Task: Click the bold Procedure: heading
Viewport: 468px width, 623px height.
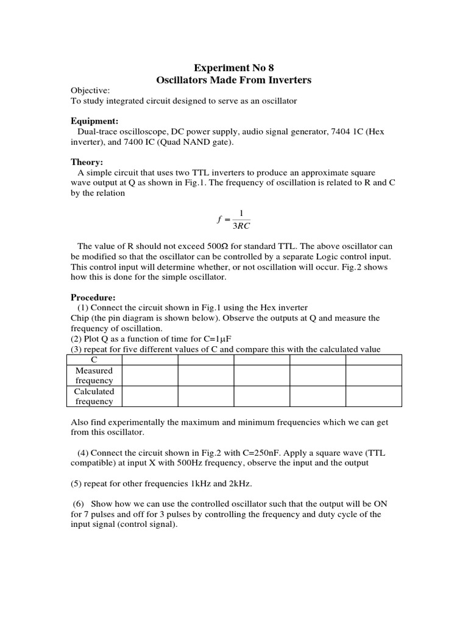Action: tap(93, 298)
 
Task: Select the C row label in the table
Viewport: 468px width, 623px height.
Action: tap(94, 360)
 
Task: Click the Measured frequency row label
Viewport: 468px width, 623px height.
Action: tap(94, 375)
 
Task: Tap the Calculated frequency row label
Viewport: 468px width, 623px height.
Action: tap(94, 396)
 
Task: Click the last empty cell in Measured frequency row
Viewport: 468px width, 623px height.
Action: tap(374, 375)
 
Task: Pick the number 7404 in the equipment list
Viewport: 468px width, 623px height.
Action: tap(339, 132)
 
